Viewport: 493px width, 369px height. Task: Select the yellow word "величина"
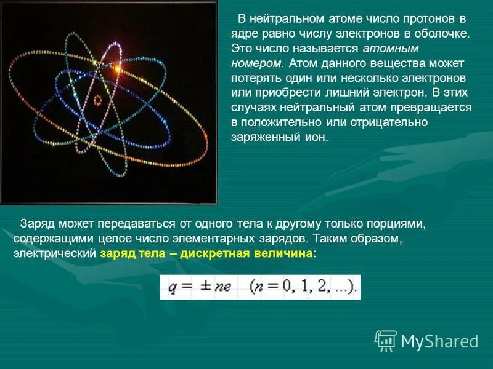pyautogui.click(x=284, y=253)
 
